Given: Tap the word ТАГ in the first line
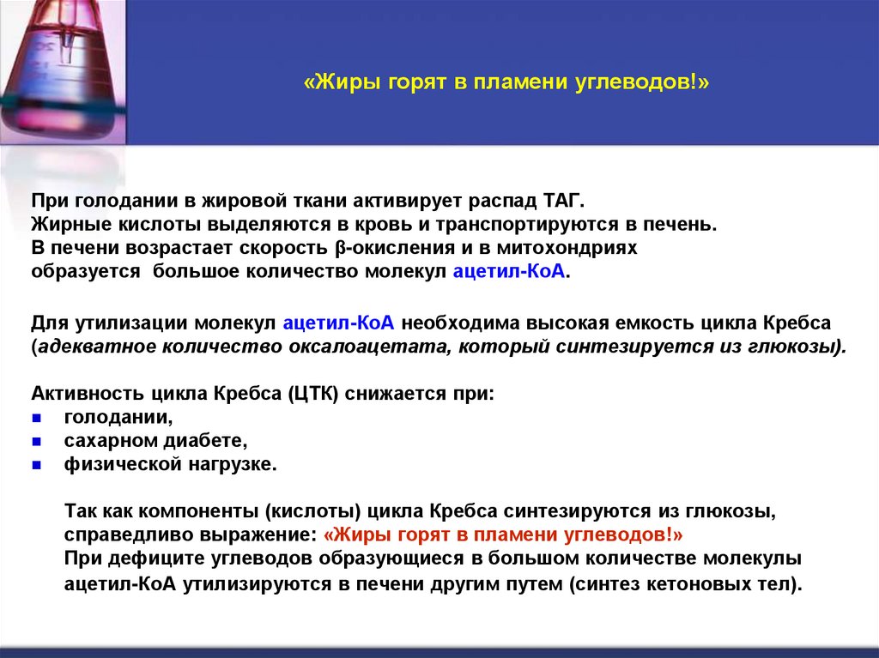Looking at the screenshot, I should pos(563,202).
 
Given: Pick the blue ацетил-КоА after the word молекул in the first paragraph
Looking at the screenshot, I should pos(511,270).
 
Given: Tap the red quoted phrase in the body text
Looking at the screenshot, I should pos(504,534).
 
